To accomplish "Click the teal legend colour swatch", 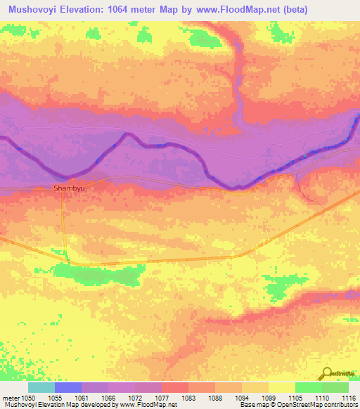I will tap(41, 387).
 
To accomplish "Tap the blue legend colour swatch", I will tap(68, 387).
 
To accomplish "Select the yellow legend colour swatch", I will tap(281, 387).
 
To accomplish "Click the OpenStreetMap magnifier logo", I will tap(328, 374).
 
